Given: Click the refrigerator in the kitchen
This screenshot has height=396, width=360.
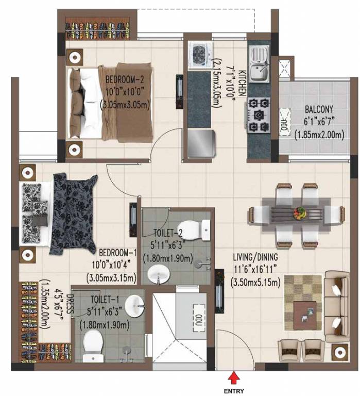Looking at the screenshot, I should [200, 143].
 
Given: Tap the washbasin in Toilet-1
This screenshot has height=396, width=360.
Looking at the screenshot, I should [134, 306].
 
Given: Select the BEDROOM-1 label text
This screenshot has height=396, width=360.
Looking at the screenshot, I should [117, 253].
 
